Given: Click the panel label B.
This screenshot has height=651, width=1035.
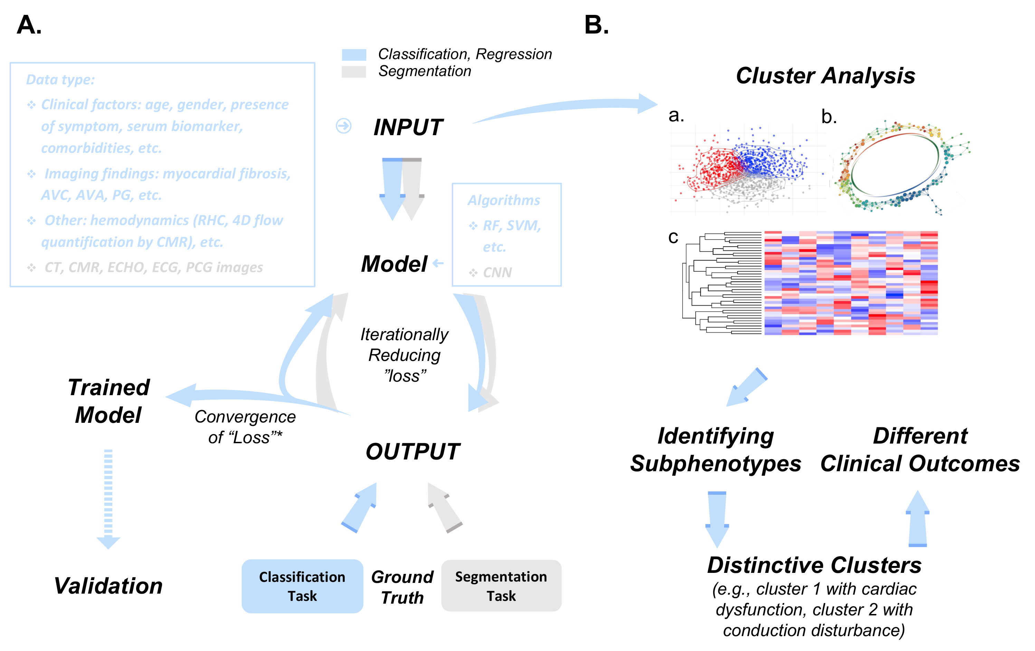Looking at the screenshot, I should tap(596, 25).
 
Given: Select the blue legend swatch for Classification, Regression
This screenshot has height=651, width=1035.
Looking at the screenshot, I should tap(354, 55).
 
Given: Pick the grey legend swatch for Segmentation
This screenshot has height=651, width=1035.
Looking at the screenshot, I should tap(354, 72).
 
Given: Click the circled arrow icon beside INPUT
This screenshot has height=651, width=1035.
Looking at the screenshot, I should tap(343, 126).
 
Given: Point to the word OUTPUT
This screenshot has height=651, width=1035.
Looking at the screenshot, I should tap(412, 452).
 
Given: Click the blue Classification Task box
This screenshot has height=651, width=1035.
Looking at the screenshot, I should tap(302, 586).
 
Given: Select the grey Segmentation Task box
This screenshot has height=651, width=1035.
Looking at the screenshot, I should tap(501, 586).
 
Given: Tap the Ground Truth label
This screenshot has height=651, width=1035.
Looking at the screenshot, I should tap(402, 587).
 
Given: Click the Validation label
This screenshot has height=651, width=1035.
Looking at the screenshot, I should tap(108, 586).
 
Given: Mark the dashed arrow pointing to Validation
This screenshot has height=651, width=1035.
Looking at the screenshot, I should tap(108, 499).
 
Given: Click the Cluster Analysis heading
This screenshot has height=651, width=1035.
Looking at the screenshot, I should tap(825, 76).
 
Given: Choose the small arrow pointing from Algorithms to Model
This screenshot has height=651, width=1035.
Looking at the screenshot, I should tap(438, 263).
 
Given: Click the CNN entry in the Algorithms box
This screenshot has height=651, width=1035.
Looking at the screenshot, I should tap(497, 272).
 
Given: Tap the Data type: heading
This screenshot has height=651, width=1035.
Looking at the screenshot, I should tap(60, 80).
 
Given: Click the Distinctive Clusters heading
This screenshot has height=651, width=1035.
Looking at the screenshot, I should tap(814, 565).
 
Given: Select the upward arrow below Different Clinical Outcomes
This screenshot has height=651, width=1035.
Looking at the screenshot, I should tap(917, 519).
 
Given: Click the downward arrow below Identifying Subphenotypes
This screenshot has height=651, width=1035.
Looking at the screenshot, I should tap(717, 519).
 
